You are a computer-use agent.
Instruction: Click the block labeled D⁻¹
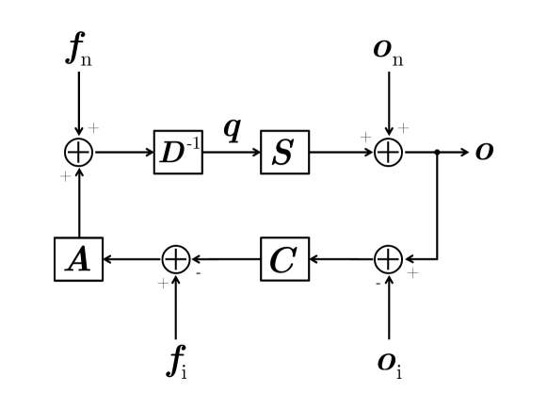click(x=178, y=152)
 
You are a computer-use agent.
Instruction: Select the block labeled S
click(x=284, y=152)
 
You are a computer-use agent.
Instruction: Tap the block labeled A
click(x=78, y=258)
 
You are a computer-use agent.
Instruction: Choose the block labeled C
click(x=284, y=258)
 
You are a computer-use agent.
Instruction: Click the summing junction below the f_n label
click(x=78, y=152)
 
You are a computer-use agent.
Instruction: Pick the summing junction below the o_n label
click(x=389, y=152)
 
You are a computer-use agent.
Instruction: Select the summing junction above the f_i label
click(x=176, y=258)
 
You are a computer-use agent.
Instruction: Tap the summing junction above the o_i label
click(x=389, y=258)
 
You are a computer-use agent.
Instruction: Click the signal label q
click(x=232, y=127)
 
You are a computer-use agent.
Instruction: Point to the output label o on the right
click(x=484, y=152)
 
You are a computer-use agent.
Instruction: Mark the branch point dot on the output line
click(x=437, y=152)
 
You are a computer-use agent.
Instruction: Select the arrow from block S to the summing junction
click(x=341, y=152)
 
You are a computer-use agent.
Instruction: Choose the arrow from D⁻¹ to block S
click(x=232, y=152)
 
